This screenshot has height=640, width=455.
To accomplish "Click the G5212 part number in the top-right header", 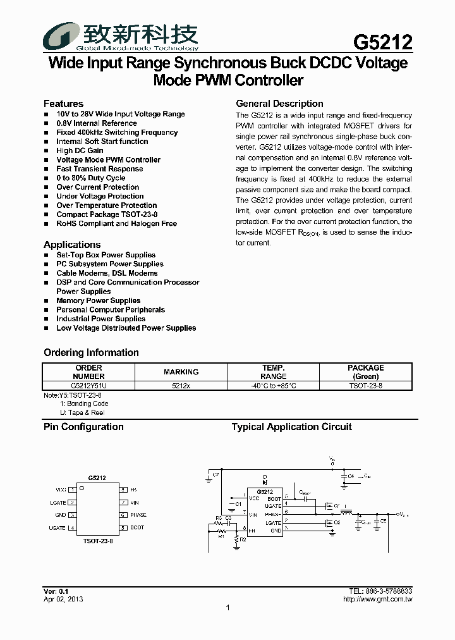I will (382, 42).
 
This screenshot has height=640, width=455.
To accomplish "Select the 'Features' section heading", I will (63, 103).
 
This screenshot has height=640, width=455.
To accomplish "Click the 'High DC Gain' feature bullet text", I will (80, 151).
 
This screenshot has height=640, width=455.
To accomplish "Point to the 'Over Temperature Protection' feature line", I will (106, 206).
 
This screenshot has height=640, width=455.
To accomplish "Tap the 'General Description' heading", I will (279, 104).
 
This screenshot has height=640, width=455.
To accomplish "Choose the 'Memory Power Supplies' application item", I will (98, 301).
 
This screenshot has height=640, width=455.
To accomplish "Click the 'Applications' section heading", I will (72, 245).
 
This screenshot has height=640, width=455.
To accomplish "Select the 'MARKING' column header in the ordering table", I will (181, 372).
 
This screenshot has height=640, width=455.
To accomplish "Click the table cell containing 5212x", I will (181, 385).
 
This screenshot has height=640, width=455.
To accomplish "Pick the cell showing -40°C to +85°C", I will (273, 385).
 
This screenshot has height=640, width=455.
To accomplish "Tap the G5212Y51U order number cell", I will (88, 385).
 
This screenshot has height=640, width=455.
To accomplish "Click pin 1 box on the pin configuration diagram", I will (73, 490).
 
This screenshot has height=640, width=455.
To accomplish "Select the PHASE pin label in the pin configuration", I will (138, 515).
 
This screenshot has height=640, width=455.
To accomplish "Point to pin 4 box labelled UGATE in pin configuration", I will (73, 528).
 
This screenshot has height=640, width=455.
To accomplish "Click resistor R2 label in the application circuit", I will (243, 539).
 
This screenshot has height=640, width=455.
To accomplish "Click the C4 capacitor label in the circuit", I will (351, 476).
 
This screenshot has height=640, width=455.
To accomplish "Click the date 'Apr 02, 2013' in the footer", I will (63, 599).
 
